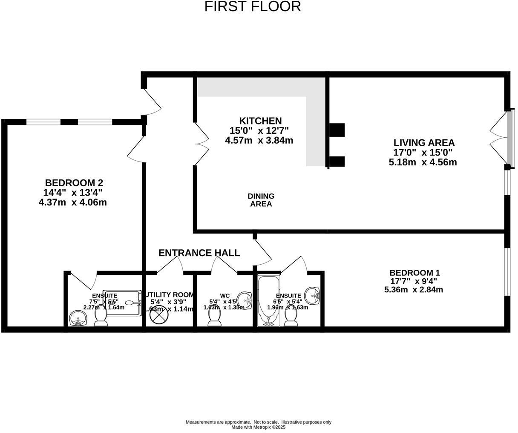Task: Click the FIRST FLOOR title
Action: (x=253, y=7)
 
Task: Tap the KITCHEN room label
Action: (x=260, y=121)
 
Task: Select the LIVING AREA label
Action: (x=424, y=143)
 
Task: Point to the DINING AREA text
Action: (x=261, y=200)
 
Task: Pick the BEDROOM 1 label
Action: (x=414, y=273)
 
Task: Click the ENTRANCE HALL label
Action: (x=199, y=253)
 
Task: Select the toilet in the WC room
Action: (x=214, y=316)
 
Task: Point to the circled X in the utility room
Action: (x=159, y=317)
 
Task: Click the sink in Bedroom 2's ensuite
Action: (x=78, y=318)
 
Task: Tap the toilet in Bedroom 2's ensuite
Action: (x=101, y=317)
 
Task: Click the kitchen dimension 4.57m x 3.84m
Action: (x=259, y=140)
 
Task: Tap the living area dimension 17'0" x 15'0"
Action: (x=423, y=153)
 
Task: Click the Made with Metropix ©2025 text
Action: (x=258, y=427)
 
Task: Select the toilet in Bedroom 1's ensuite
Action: (x=291, y=317)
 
